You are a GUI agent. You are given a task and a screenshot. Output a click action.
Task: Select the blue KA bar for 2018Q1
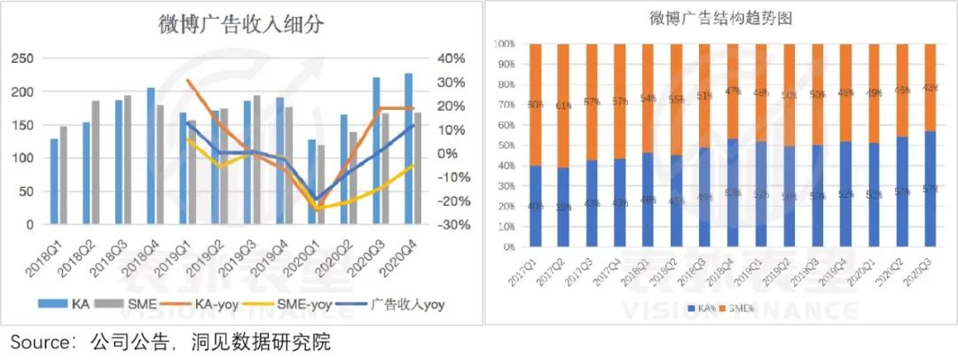(53, 181)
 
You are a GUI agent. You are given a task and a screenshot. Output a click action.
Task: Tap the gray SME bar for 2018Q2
(96, 162)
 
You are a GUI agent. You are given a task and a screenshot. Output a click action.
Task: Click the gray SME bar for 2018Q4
(161, 165)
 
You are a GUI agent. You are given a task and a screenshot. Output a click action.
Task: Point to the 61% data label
(563, 106)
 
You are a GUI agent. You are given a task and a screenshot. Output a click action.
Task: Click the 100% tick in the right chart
(505, 43)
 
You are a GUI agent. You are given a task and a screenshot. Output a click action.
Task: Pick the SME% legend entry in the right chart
(740, 308)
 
